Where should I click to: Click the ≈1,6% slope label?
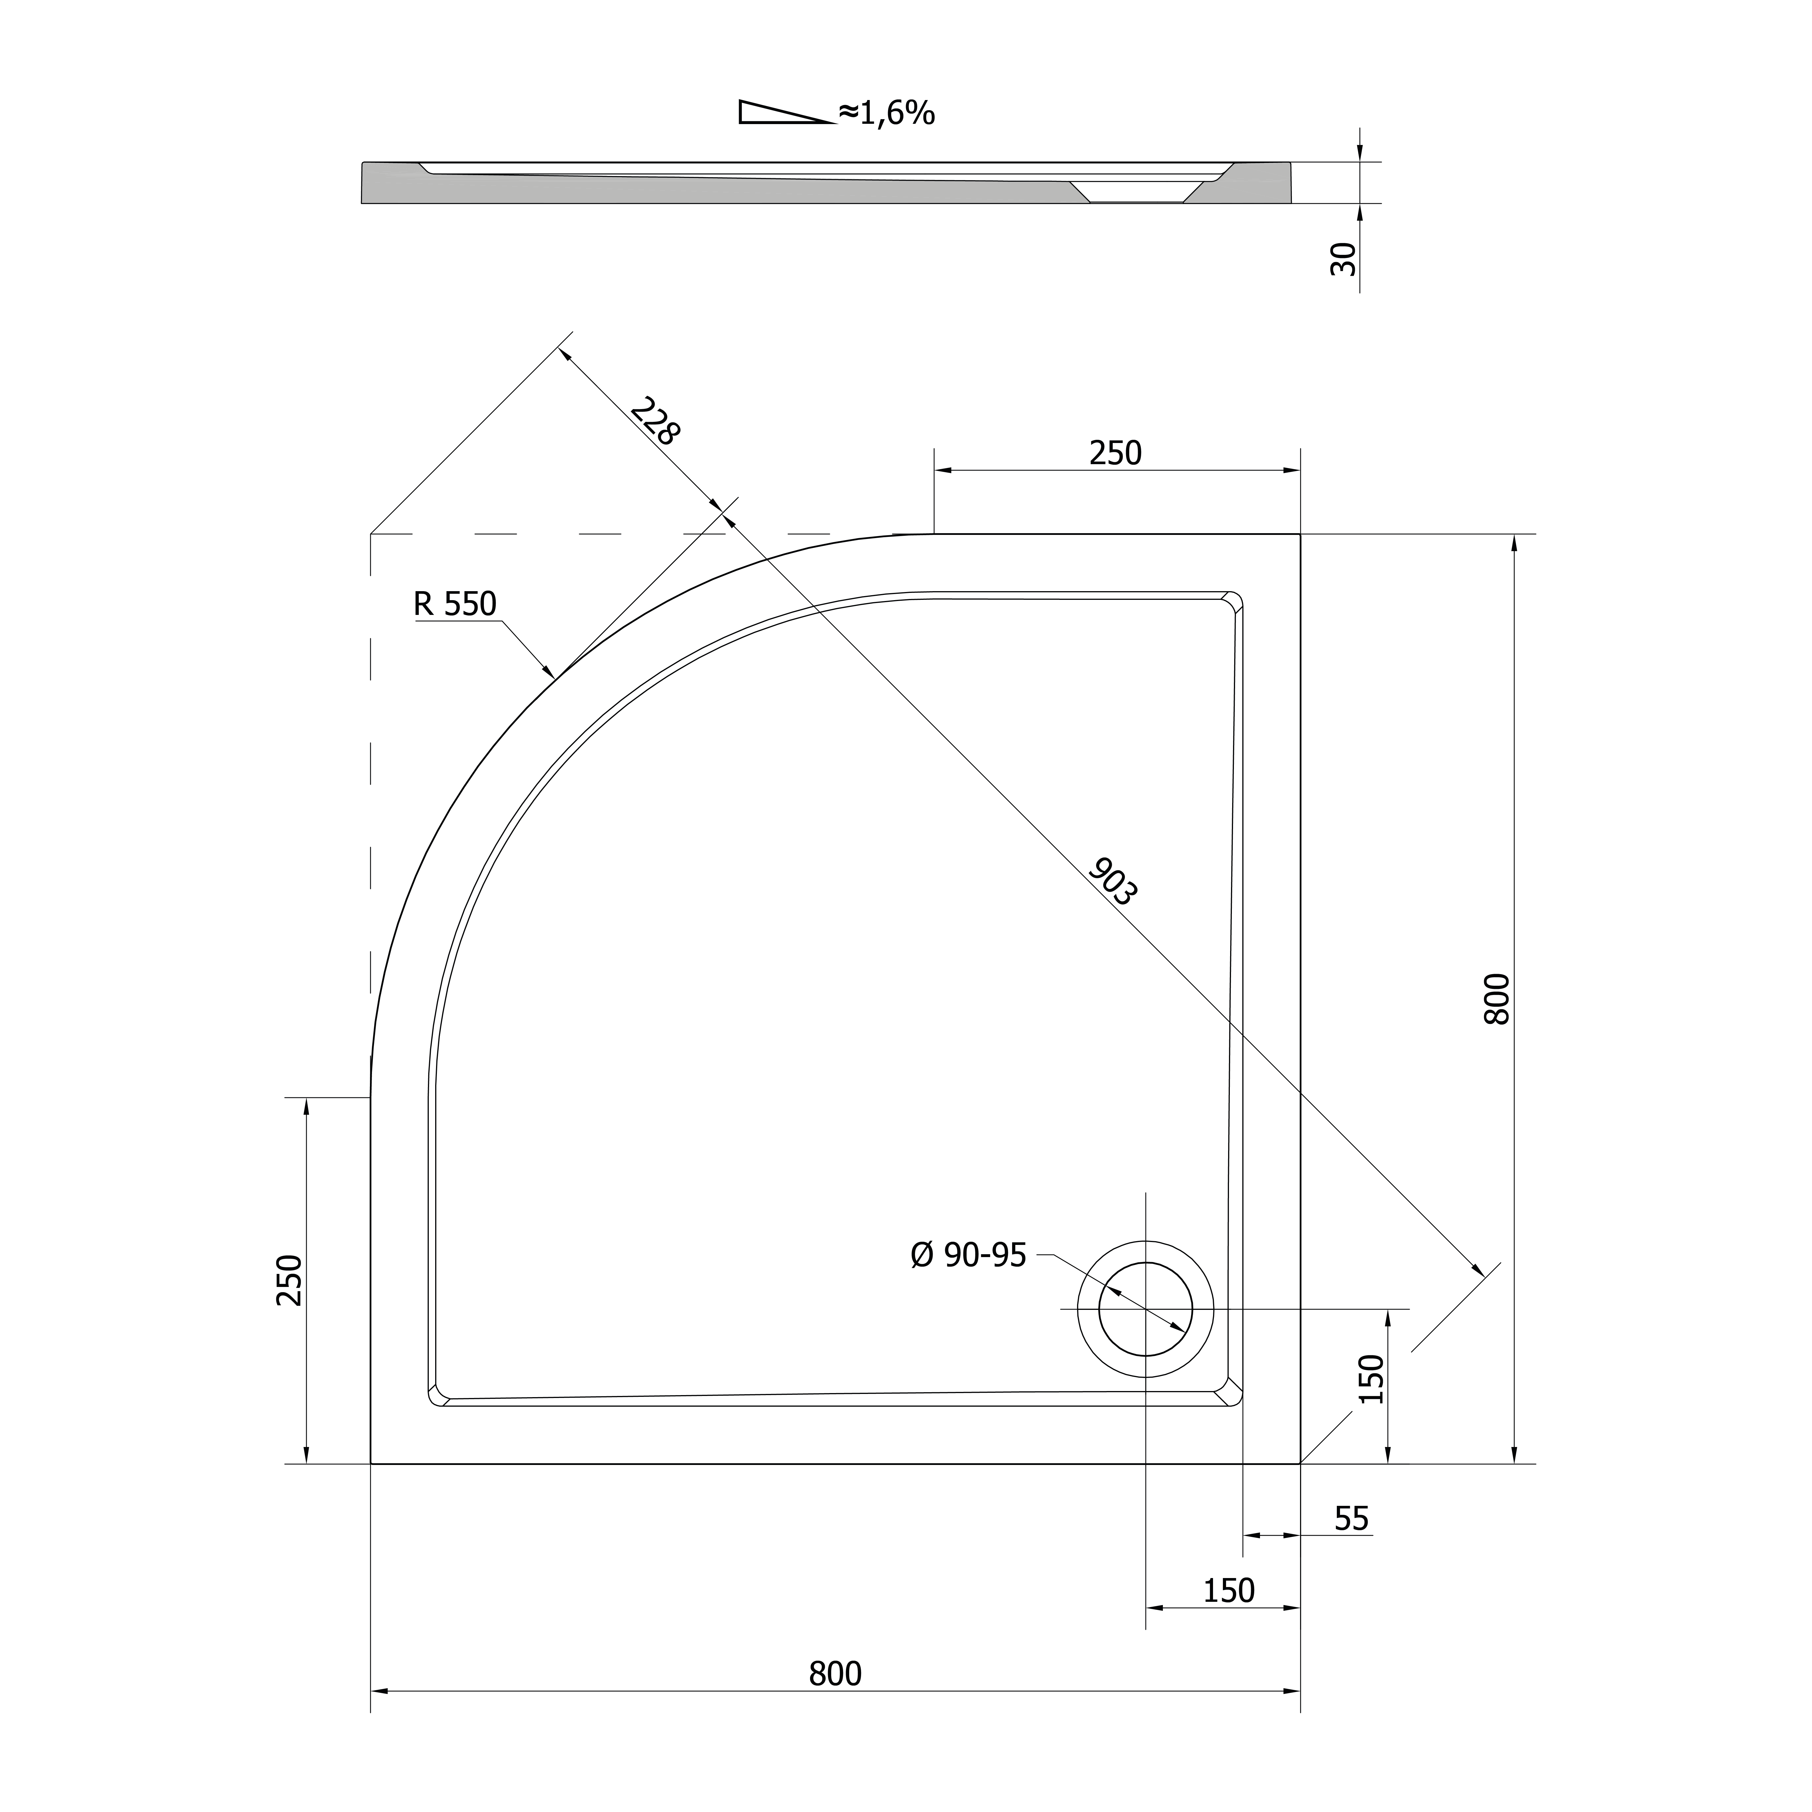pos(886,113)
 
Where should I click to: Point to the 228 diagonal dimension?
pos(655,421)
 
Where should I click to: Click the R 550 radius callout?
pos(455,604)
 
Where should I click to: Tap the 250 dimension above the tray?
pos(1116,453)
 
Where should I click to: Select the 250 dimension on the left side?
pos(290,1280)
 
